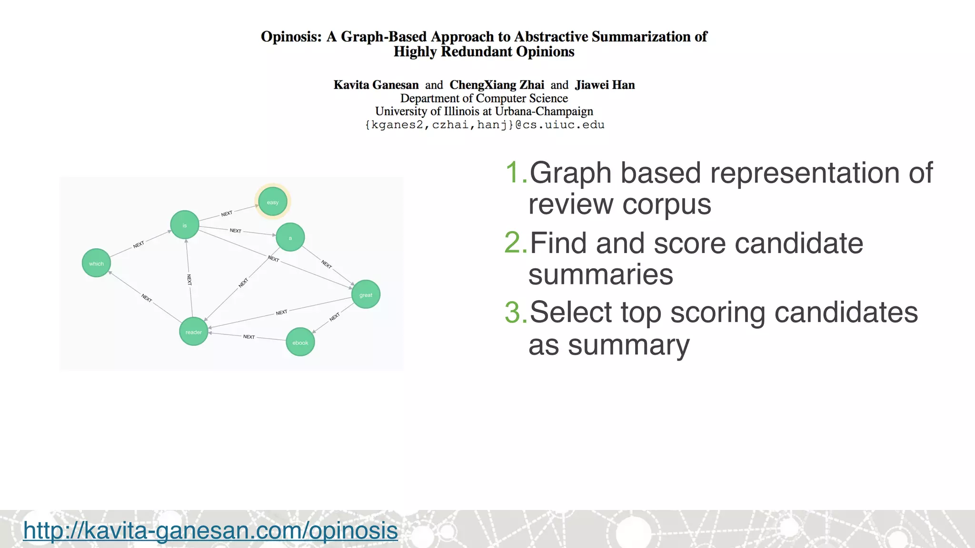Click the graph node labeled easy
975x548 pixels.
point(272,202)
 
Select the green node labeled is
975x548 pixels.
point(185,225)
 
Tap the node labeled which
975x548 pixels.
point(96,263)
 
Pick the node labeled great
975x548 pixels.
point(366,294)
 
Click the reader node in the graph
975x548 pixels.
point(193,332)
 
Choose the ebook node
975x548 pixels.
point(300,342)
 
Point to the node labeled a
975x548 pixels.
point(290,237)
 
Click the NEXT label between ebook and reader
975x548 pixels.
point(249,337)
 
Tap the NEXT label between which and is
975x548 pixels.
point(139,245)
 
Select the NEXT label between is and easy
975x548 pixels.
point(227,214)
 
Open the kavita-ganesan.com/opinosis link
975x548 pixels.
point(210,530)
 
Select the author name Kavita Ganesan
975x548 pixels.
point(376,85)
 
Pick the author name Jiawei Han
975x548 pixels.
point(605,85)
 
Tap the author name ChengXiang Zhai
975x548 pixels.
point(497,85)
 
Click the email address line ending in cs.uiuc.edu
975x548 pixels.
point(484,125)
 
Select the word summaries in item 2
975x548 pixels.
point(601,274)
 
